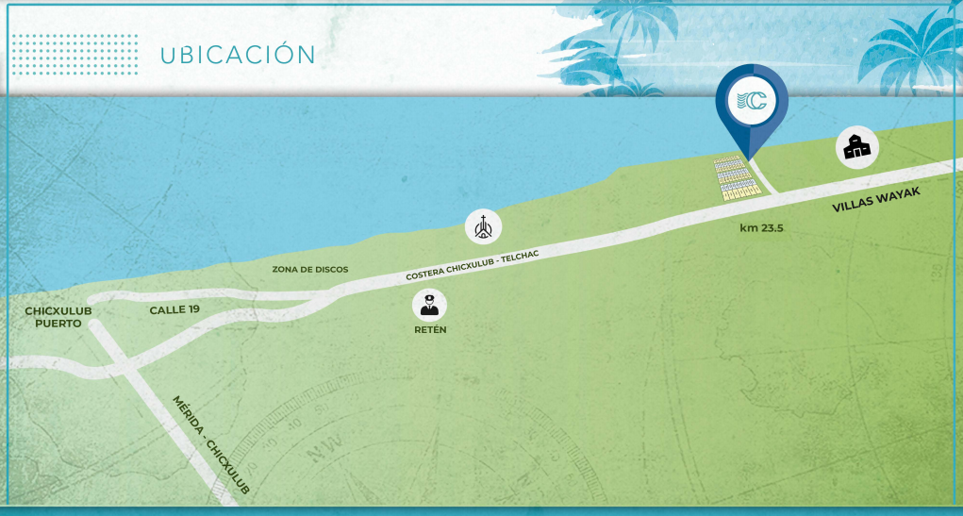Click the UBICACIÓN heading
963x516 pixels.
point(238,54)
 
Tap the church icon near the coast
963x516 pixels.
point(484,226)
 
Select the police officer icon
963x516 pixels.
point(429,305)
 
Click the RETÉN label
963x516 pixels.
point(430,330)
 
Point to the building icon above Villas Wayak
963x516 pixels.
point(857,146)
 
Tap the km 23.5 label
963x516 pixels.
point(761,228)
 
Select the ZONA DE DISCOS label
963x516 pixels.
point(310,270)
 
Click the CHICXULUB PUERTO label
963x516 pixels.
point(58,317)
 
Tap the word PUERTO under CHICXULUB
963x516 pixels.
point(58,324)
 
